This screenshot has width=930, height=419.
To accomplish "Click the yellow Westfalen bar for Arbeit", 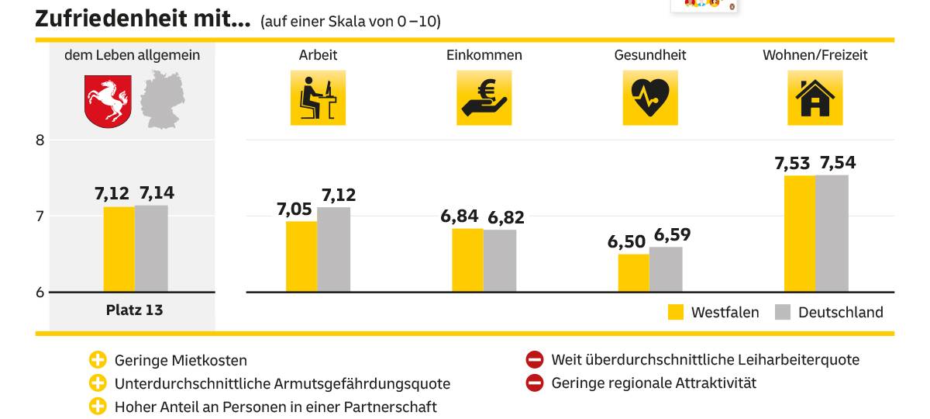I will [x=301, y=256].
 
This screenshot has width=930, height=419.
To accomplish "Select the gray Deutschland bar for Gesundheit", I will [x=666, y=269].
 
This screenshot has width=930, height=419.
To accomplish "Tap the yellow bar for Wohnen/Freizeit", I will [x=800, y=234].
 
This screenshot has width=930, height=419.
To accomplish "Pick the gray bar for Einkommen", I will [x=500, y=261].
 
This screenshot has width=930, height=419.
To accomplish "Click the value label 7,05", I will [x=295, y=209].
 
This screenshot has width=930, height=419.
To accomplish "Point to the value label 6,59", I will [x=672, y=234].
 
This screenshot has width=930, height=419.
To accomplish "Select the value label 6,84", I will [x=460, y=216].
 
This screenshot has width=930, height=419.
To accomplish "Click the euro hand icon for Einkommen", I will [x=484, y=98].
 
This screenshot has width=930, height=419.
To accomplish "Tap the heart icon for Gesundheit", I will [x=650, y=98].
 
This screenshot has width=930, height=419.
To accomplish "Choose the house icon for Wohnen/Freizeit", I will [x=815, y=98].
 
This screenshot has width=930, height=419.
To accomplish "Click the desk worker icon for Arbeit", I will [x=318, y=98].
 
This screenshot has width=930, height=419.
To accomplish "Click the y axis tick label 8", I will [x=41, y=140].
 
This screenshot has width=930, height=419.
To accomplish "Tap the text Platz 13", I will [x=134, y=310].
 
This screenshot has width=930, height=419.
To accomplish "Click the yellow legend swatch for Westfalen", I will [x=676, y=312].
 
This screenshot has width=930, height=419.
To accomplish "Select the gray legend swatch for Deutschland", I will [x=783, y=312].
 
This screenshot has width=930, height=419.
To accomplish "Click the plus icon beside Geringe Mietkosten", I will [x=97, y=360].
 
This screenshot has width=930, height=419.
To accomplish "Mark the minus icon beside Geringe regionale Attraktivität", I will [x=535, y=383].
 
